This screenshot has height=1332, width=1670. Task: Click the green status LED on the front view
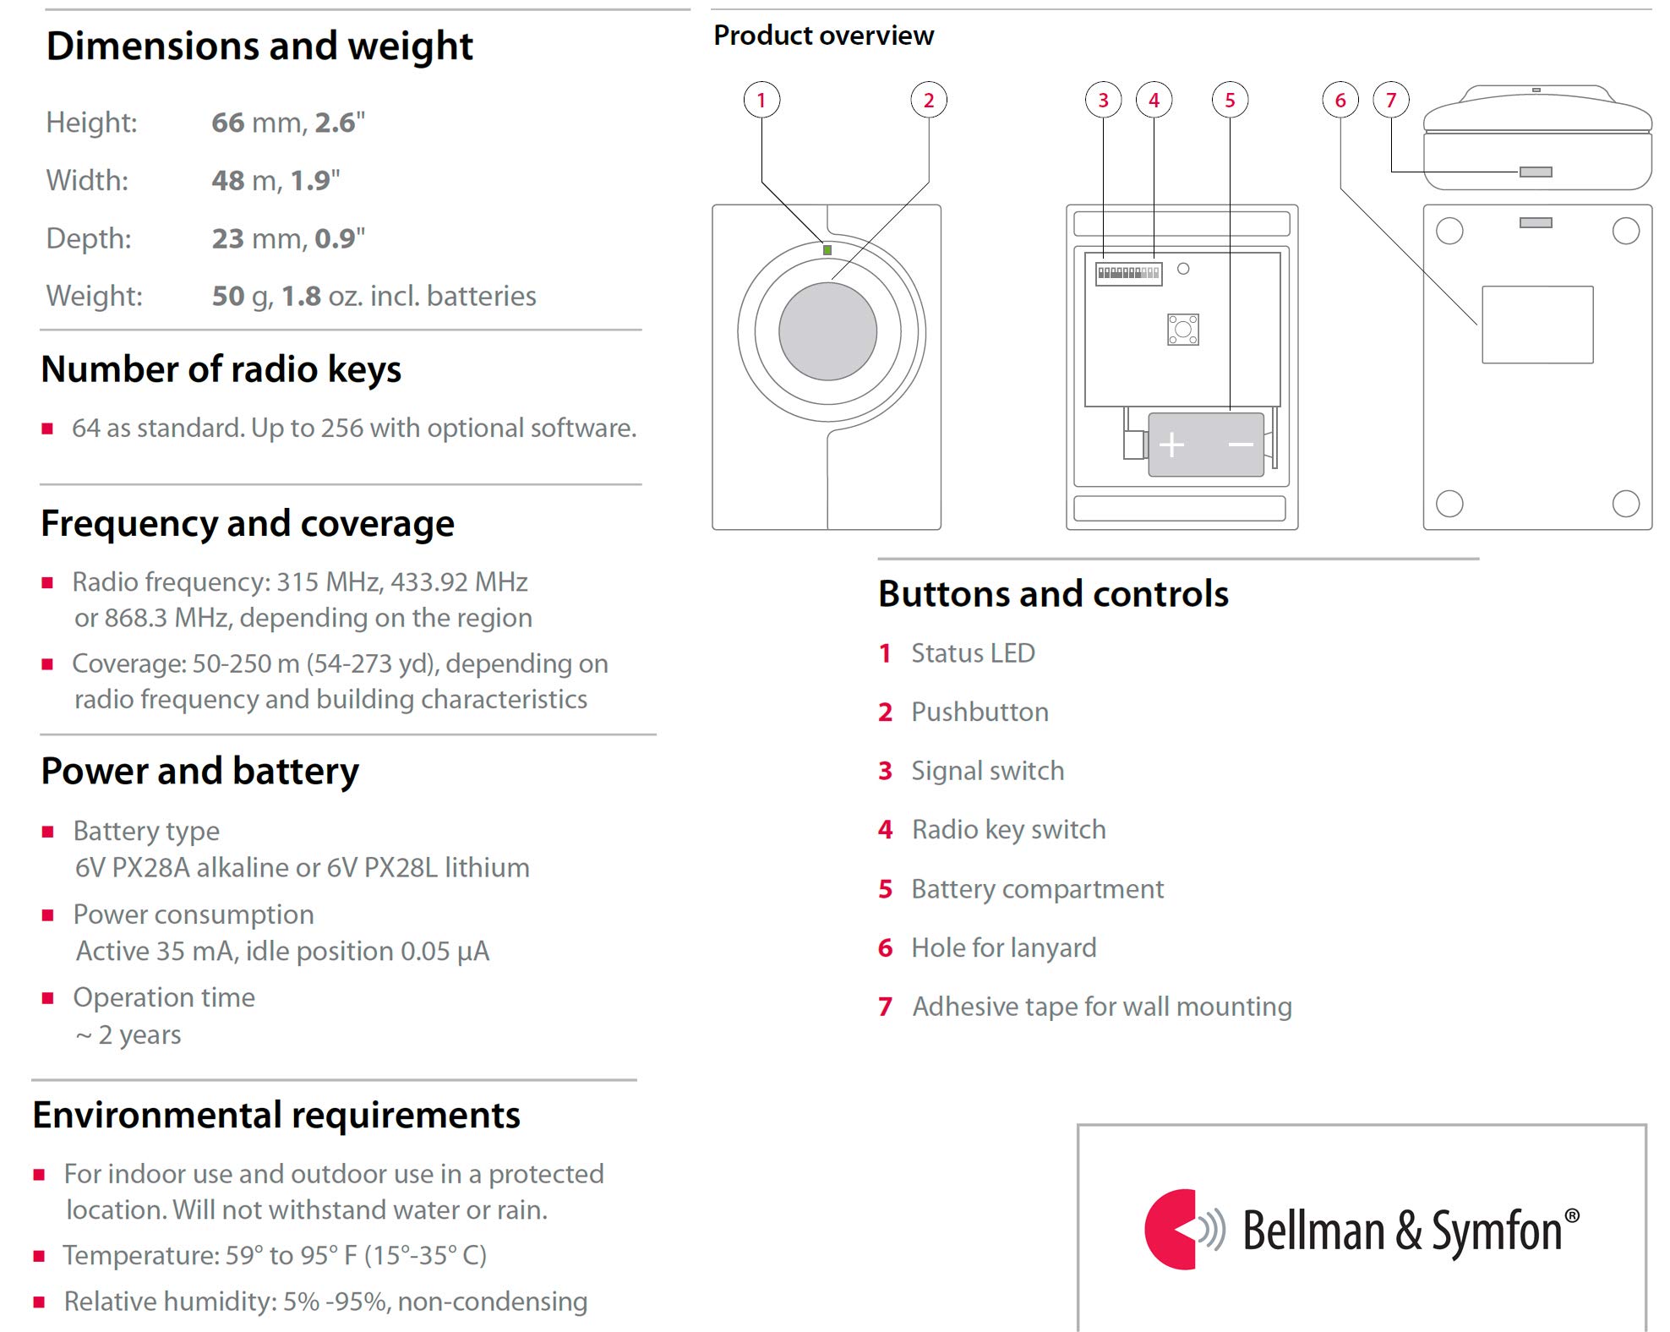[827, 250]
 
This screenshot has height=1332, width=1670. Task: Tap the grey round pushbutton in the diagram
[827, 331]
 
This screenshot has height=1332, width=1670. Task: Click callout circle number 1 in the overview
[761, 101]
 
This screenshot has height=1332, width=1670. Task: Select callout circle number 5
[1230, 101]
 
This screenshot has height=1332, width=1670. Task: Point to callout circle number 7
[1391, 101]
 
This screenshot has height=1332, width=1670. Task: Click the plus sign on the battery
[1171, 445]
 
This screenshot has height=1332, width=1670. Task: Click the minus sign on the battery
[1240, 445]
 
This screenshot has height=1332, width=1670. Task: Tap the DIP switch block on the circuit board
[1128, 273]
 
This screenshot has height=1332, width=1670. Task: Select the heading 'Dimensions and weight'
[259, 46]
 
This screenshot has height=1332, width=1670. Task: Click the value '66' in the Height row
[228, 123]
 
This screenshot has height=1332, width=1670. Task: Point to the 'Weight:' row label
[94, 296]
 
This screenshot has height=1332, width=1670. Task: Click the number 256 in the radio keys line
[341, 429]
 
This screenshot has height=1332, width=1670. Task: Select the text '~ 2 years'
[128, 1035]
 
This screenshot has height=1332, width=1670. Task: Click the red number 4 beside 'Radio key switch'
[885, 830]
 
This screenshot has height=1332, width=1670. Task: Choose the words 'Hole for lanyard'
[1003, 948]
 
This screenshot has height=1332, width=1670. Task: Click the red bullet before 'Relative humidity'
[39, 1302]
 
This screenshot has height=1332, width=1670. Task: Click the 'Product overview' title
[823, 35]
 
